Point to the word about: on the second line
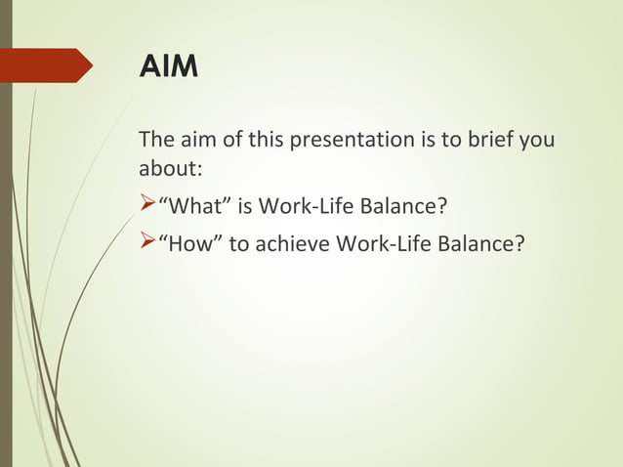[171, 168]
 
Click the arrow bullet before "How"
[147, 241]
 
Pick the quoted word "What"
[192, 207]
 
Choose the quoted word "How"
[188, 243]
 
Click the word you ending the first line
[538, 140]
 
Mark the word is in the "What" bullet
[244, 207]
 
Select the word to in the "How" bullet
[241, 243]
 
